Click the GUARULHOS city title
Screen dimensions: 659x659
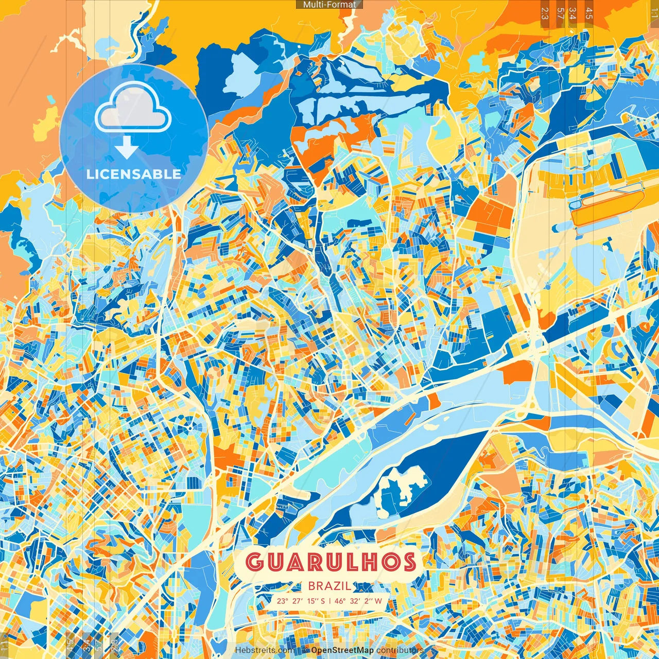[x=330, y=562]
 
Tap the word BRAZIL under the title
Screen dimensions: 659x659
[x=330, y=586]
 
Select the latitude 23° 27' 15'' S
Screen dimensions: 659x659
[x=301, y=601]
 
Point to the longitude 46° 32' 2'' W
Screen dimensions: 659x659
[x=358, y=601]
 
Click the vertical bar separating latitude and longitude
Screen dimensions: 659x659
[x=329, y=601]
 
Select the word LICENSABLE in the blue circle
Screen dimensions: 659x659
[x=133, y=174]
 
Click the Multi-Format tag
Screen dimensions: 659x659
[x=329, y=5]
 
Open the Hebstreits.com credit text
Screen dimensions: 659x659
[x=265, y=650]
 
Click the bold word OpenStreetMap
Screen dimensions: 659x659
[x=342, y=650]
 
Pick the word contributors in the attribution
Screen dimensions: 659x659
[x=400, y=650]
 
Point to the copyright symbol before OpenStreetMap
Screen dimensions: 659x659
[x=305, y=650]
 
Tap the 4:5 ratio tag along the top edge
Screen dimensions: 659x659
[x=589, y=13]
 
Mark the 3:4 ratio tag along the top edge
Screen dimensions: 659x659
[x=573, y=13]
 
